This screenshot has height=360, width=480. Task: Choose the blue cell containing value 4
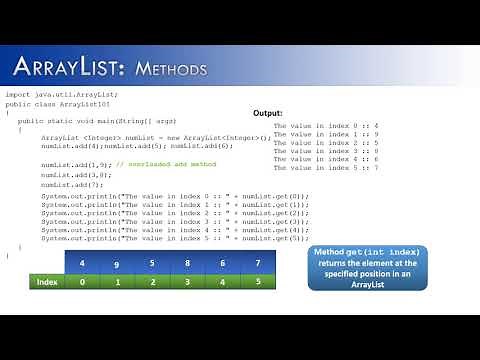pos(84,264)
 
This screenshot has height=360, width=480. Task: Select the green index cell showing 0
pos(84,282)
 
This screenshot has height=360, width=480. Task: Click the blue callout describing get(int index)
pos(366,268)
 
